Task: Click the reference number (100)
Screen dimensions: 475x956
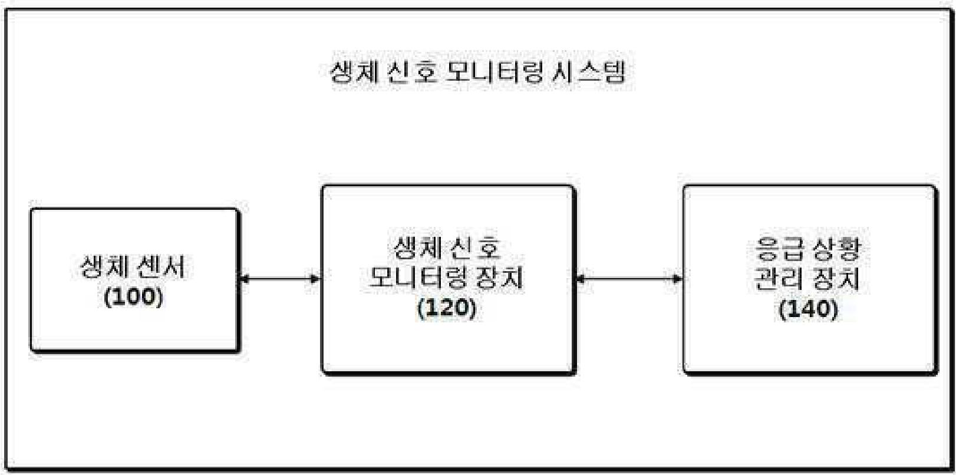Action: [x=133, y=296]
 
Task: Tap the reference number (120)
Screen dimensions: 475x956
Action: [x=446, y=307]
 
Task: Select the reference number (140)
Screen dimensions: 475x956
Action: [x=808, y=308]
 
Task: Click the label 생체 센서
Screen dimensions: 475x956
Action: [x=133, y=267]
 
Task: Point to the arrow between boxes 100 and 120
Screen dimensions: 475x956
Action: [x=280, y=278]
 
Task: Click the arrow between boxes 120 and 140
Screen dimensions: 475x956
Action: [x=629, y=278]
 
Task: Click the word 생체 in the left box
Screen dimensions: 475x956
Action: [x=104, y=267]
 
